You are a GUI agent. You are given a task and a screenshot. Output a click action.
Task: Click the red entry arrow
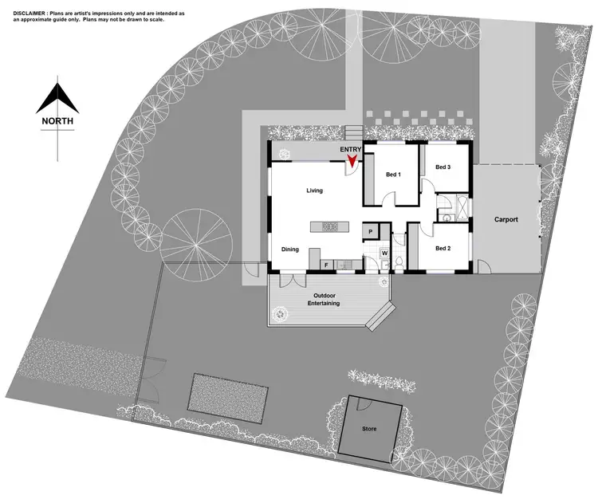click(350, 164)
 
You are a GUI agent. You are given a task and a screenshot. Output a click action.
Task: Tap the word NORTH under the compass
click(58, 121)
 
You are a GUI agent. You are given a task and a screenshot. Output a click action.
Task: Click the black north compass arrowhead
click(58, 97)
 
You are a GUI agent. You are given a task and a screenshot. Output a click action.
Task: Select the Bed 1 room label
click(393, 175)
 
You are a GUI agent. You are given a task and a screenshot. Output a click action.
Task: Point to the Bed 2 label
click(443, 249)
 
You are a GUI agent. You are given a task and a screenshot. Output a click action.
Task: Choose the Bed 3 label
click(443, 167)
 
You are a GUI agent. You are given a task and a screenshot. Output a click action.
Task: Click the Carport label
click(506, 219)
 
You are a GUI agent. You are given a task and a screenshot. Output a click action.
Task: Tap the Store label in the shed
click(369, 429)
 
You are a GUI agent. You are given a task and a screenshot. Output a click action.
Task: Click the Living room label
click(315, 191)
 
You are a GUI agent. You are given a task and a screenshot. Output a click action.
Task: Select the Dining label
click(290, 249)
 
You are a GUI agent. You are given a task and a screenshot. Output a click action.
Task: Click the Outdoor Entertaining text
click(325, 300)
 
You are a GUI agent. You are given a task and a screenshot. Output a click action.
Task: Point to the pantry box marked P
click(371, 231)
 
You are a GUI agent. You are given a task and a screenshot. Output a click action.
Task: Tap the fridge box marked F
click(325, 264)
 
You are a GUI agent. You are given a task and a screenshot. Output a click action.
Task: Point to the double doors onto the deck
click(289, 279)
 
